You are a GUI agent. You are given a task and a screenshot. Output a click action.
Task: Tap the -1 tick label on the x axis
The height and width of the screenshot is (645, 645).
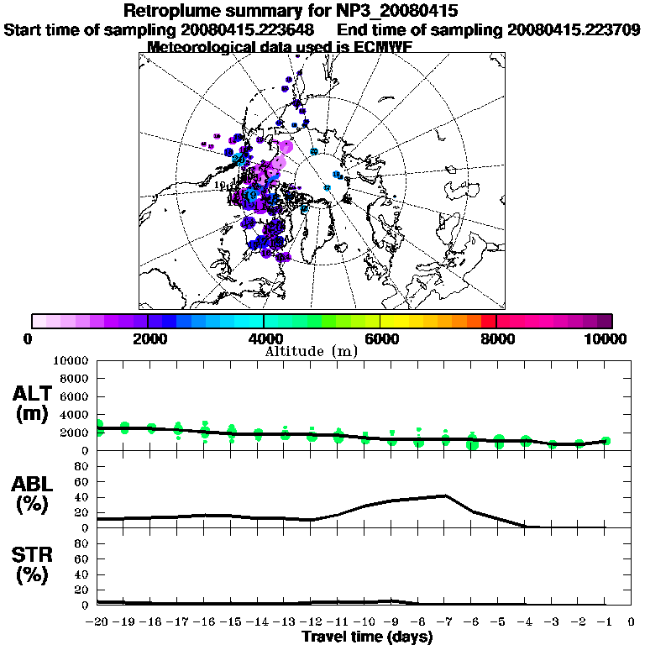pyautogui.click(x=604, y=622)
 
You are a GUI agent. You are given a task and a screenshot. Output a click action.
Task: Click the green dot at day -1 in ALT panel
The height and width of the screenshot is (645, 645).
pyautogui.click(x=605, y=441)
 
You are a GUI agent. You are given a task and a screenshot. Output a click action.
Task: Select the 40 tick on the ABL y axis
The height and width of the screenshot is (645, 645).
pyautogui.click(x=82, y=497)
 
